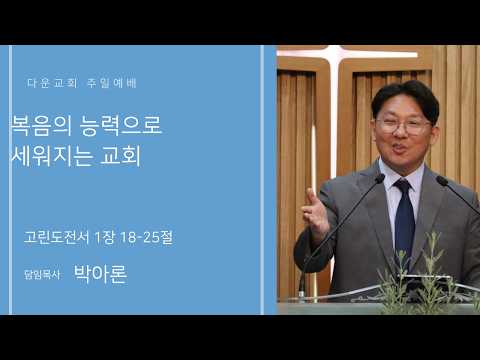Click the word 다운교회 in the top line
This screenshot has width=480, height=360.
click(52, 83)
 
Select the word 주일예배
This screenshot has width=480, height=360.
click(112, 83)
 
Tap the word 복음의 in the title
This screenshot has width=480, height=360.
click(42, 126)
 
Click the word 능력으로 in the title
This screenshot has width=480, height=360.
click(121, 126)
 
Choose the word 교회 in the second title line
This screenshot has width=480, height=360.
click(121, 155)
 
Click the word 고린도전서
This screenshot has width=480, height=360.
click(57, 237)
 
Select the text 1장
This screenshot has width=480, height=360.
click(105, 237)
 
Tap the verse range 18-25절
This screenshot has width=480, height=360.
click(146, 237)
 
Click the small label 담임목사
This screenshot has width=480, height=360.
click(42, 275)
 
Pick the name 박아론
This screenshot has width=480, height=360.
click(100, 274)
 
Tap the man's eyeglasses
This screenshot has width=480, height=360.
click(404, 126)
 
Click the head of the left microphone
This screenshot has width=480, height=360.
click(380, 178)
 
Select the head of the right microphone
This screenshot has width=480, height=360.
click(442, 180)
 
